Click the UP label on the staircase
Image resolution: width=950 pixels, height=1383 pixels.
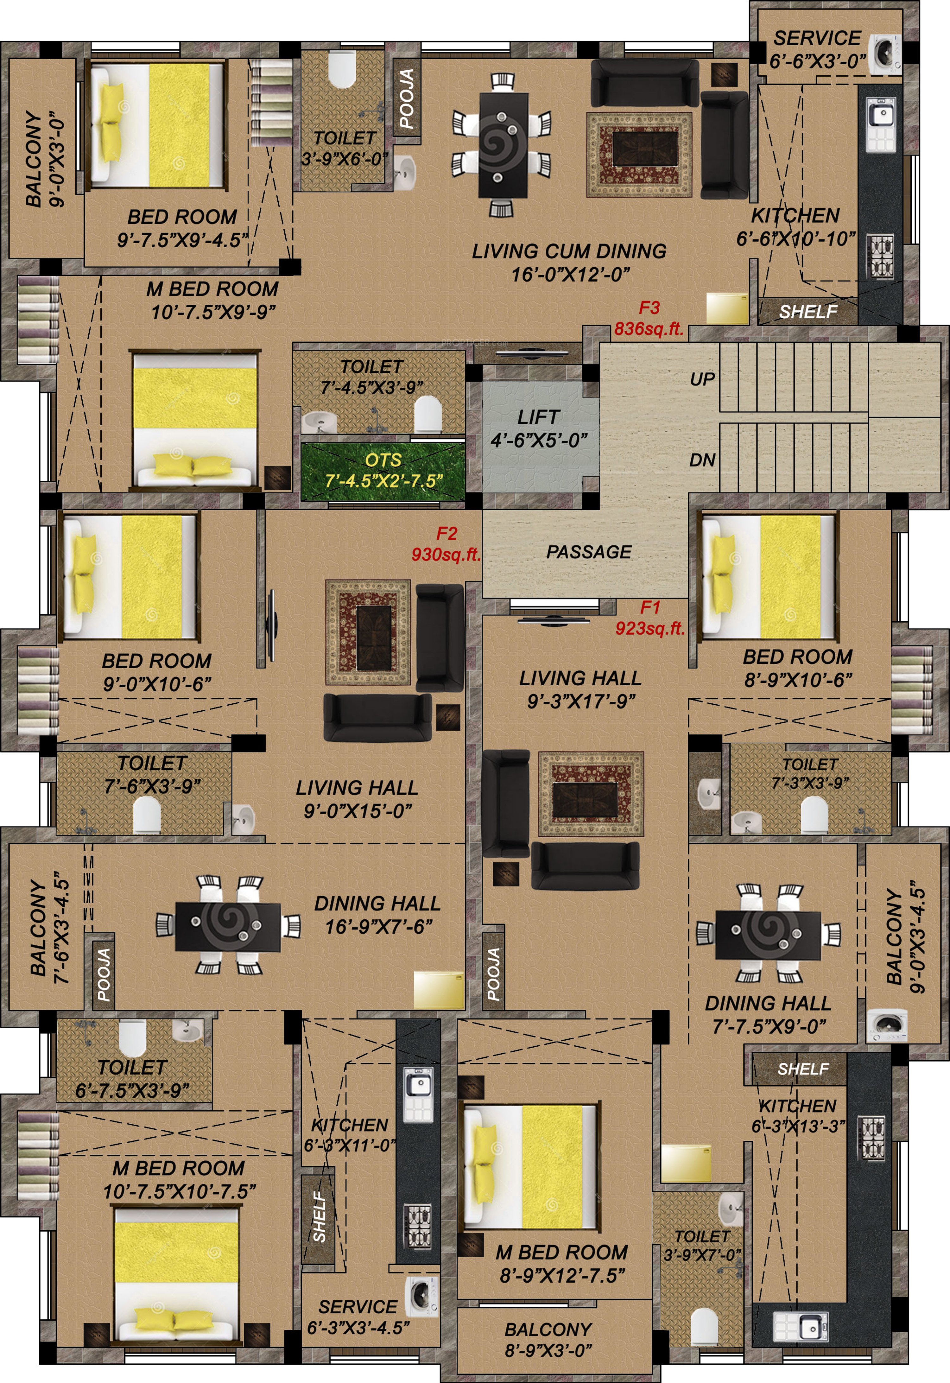[702, 379]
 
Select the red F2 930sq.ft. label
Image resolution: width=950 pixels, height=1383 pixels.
[446, 543]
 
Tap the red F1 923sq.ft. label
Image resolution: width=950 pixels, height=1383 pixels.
[650, 617]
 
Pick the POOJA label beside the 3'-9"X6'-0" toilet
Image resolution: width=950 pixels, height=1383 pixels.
[407, 98]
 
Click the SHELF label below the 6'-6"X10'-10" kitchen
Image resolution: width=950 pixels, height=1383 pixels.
[808, 311]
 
